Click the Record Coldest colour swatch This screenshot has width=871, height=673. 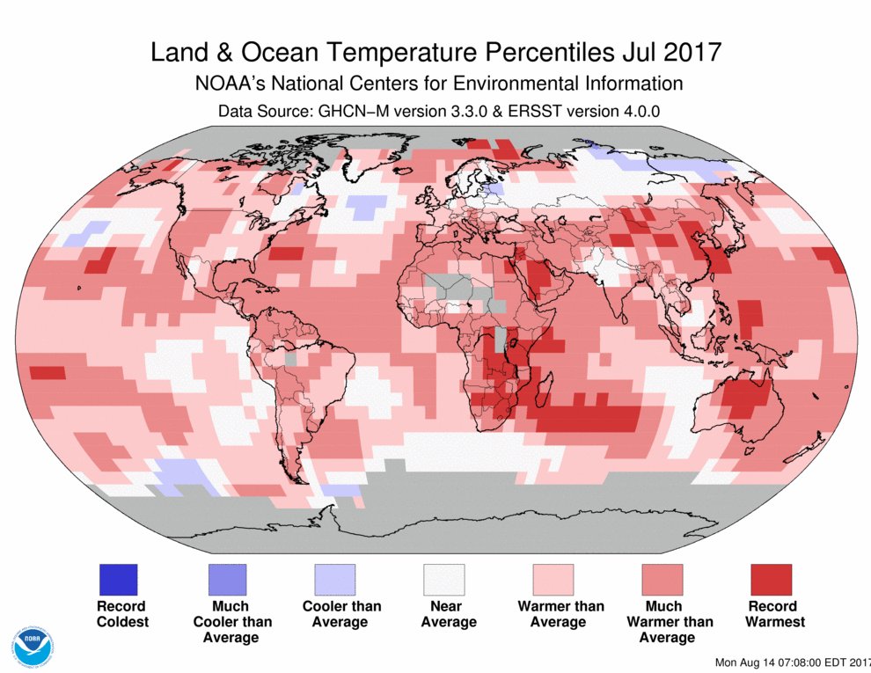117,580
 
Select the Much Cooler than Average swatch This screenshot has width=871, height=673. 226,580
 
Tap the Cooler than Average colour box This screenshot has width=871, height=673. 335,580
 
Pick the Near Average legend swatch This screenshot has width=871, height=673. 444,580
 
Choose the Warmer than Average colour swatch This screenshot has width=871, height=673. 553,580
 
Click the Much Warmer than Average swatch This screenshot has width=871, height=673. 662,580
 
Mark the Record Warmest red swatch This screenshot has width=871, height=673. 772,580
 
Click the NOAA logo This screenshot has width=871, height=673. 33,647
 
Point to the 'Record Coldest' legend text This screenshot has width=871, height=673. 122,614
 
